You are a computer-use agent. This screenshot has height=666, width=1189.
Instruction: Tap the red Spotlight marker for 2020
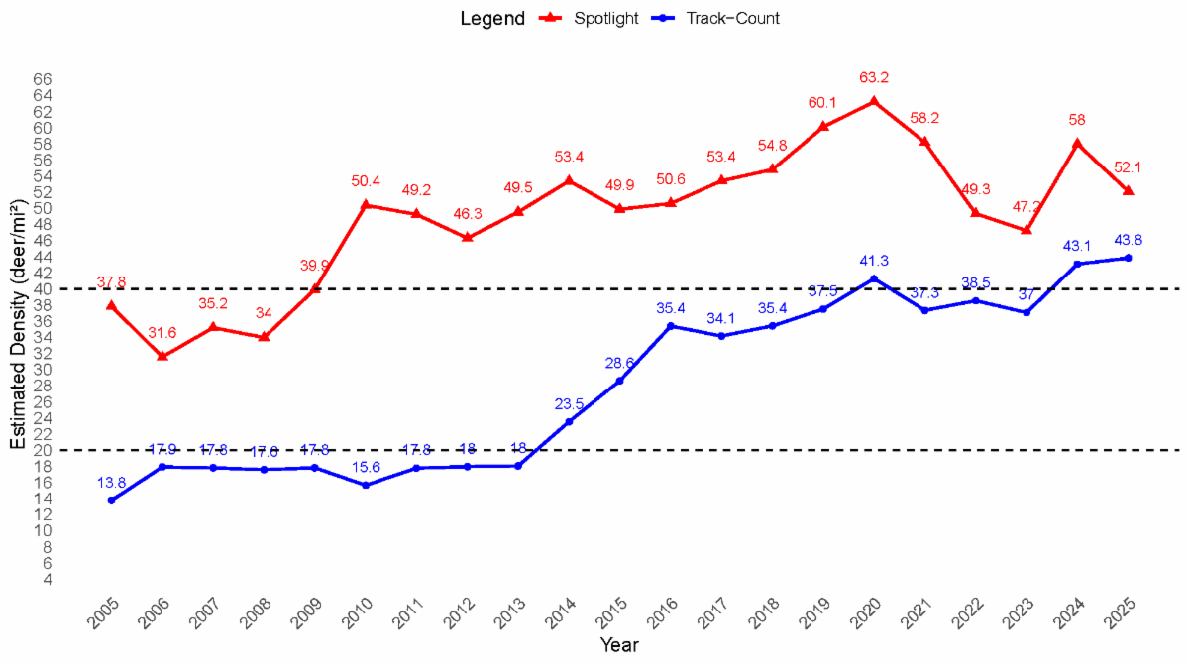[873, 100]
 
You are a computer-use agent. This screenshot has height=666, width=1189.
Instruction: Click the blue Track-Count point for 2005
[111, 500]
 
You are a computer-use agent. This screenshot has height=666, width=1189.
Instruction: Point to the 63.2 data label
[873, 76]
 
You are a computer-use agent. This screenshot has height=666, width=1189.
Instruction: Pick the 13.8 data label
[111, 483]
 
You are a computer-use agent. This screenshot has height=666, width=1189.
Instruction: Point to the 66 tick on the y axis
[42, 79]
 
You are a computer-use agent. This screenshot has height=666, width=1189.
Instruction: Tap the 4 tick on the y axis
[47, 579]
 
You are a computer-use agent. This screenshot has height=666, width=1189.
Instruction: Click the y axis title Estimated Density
[18, 324]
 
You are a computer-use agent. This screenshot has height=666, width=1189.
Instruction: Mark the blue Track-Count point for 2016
[670, 326]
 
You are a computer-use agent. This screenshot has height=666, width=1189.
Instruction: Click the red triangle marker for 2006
[162, 355]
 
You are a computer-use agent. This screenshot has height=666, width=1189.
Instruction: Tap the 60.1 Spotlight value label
[822, 102]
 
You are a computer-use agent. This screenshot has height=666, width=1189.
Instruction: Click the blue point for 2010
[366, 485]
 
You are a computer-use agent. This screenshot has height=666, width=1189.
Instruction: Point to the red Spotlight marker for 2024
[1077, 143]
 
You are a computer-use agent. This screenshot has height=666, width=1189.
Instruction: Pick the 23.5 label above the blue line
[569, 403]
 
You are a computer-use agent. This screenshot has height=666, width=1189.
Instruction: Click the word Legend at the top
[492, 18]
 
